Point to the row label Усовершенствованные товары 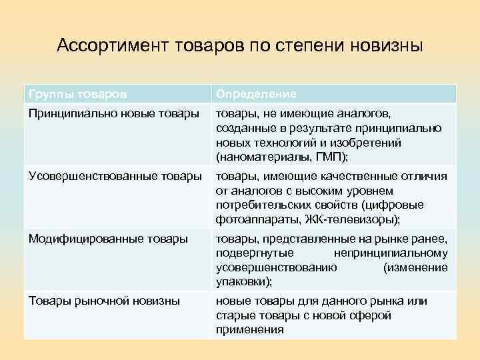[115, 176]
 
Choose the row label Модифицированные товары [107, 238]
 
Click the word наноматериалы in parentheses [266, 156]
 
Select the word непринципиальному [390, 253]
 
